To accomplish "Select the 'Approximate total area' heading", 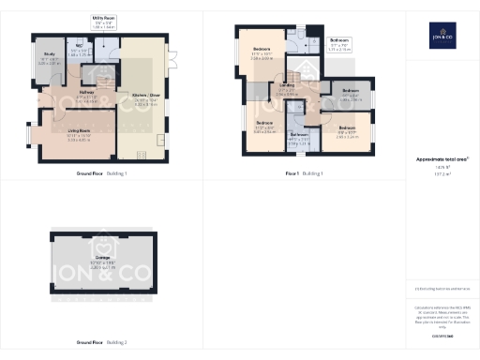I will pyautogui.click(x=441, y=159).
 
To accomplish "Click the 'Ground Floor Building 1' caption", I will pyautogui.click(x=100, y=173).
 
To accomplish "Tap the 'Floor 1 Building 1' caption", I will pyautogui.click(x=304, y=173).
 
